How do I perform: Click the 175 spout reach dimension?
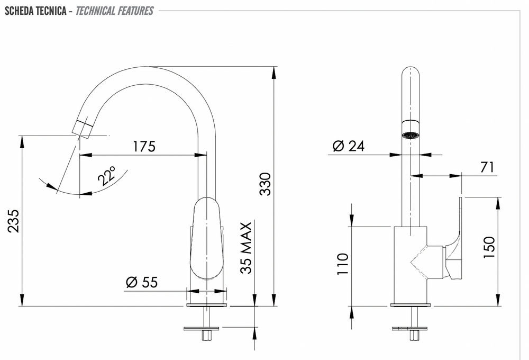144,146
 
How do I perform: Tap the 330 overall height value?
266,184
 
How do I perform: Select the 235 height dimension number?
14,221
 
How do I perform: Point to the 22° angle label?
107,175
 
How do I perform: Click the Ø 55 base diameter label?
142,282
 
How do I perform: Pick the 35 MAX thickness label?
246,248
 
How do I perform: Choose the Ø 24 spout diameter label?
349,146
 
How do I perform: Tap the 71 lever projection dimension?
487,167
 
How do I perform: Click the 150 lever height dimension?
489,247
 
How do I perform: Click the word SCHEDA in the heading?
19,11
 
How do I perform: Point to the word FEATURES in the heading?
135,11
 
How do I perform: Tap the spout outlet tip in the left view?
82,128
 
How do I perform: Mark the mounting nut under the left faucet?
206,335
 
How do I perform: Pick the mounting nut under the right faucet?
414,335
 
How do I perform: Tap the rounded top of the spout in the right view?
411,73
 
